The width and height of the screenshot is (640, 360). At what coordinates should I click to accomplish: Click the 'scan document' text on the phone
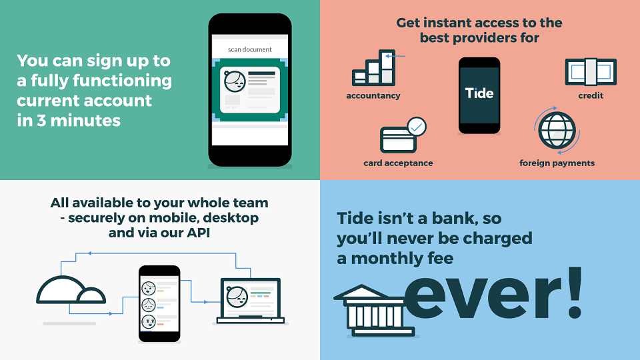(x=249, y=49)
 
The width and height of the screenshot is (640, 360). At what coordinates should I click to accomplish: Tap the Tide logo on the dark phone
(x=479, y=93)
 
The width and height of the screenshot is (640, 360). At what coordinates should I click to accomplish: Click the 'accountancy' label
(x=373, y=95)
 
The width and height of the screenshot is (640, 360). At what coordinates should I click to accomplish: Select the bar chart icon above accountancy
(x=374, y=68)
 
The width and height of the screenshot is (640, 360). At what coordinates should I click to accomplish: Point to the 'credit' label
(x=591, y=95)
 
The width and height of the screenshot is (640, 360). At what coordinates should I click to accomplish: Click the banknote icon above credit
(x=591, y=72)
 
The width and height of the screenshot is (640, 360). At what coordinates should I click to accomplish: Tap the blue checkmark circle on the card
(x=417, y=127)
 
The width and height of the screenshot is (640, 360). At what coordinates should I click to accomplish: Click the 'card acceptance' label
(x=398, y=163)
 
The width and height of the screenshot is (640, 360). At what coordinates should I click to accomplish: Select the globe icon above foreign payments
(x=557, y=131)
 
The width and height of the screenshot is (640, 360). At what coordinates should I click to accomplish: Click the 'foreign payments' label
(x=557, y=163)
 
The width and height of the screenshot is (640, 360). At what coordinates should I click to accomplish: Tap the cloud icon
(x=71, y=290)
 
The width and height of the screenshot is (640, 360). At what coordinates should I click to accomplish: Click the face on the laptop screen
(x=237, y=297)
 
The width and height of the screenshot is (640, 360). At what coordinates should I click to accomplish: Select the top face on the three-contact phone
(x=149, y=288)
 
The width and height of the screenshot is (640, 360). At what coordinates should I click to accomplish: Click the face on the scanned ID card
(x=235, y=81)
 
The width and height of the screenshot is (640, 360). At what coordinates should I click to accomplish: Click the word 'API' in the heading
(x=199, y=233)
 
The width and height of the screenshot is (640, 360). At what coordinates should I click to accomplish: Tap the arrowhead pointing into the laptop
(x=206, y=302)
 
